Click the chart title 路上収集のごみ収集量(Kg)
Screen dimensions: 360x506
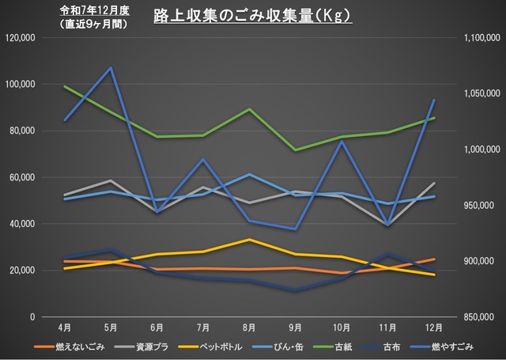pos(251,15)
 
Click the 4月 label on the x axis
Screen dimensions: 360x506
pos(65,327)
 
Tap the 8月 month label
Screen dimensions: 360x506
pos(249,327)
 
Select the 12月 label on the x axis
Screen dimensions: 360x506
pos(433,327)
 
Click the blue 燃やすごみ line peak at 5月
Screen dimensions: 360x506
pos(111,67)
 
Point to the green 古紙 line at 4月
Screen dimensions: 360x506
pos(65,86)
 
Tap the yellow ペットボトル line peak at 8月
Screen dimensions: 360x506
pos(249,239)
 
